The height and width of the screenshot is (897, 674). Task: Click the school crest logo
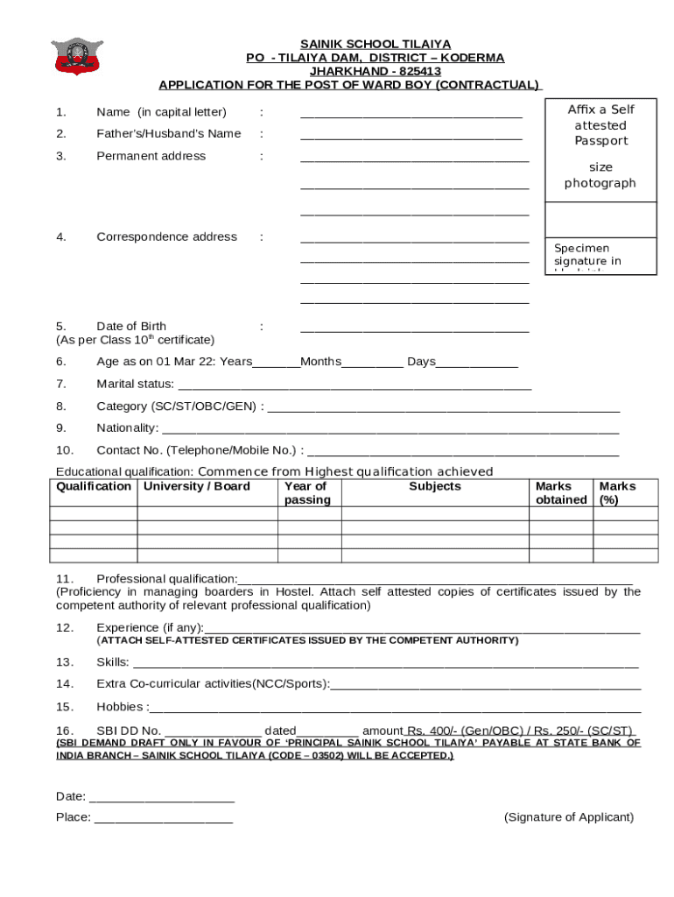[77, 55]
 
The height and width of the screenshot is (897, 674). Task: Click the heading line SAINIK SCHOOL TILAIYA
[376, 44]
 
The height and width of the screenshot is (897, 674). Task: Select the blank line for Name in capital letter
[411, 113]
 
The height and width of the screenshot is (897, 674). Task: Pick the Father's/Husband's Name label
[168, 134]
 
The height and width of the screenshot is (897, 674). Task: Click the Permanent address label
[151, 156]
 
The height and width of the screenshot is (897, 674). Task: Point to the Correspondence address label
[166, 237]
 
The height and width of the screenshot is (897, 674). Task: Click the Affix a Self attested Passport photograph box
[600, 146]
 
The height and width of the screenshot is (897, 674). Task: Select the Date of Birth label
[131, 327]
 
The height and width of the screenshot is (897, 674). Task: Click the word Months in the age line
[320, 362]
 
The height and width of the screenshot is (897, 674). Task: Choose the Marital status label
[135, 384]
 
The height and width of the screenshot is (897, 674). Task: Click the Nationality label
[127, 427]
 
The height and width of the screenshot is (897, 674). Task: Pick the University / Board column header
[197, 486]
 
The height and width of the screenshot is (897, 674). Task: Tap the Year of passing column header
[306, 493]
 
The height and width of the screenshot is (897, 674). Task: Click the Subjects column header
[434, 486]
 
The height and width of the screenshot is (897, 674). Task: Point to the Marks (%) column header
[616, 493]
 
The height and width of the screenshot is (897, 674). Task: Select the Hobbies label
[122, 707]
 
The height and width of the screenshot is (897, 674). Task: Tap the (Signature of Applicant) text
[568, 817]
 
